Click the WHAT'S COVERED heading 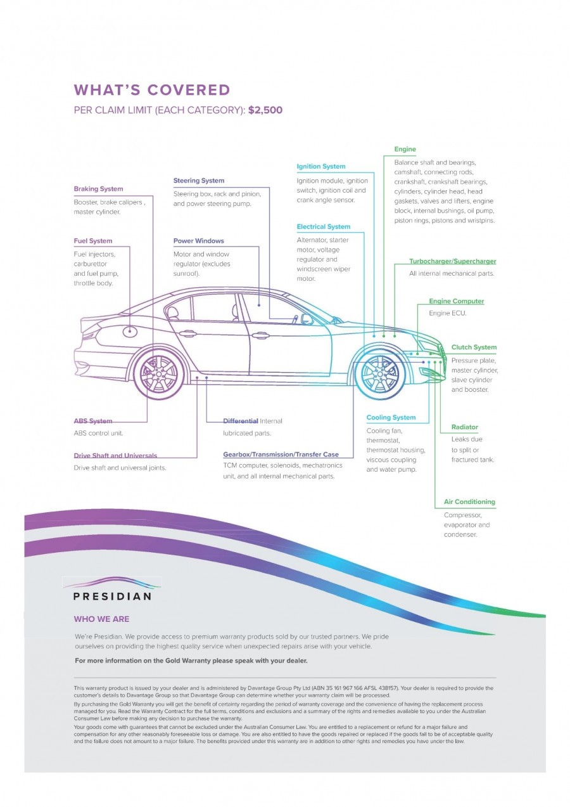coord(152,90)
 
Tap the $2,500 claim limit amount coord(265,110)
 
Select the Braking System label coord(98,189)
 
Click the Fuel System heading coord(93,241)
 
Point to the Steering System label coord(199,181)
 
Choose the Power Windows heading coord(199,241)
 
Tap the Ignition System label coord(321,167)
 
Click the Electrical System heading coord(324,226)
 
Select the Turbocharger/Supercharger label coord(452,261)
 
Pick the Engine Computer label coord(456,301)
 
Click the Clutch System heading coord(474,347)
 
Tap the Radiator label coord(465,427)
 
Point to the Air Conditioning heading coord(469,502)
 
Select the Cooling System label coord(391,418)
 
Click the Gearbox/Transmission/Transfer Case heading coord(281,455)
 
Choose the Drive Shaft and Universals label coord(115,455)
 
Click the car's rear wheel coord(159,374)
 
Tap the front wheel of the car coord(381,374)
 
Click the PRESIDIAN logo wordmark coord(112,597)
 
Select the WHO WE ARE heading coord(101,619)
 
